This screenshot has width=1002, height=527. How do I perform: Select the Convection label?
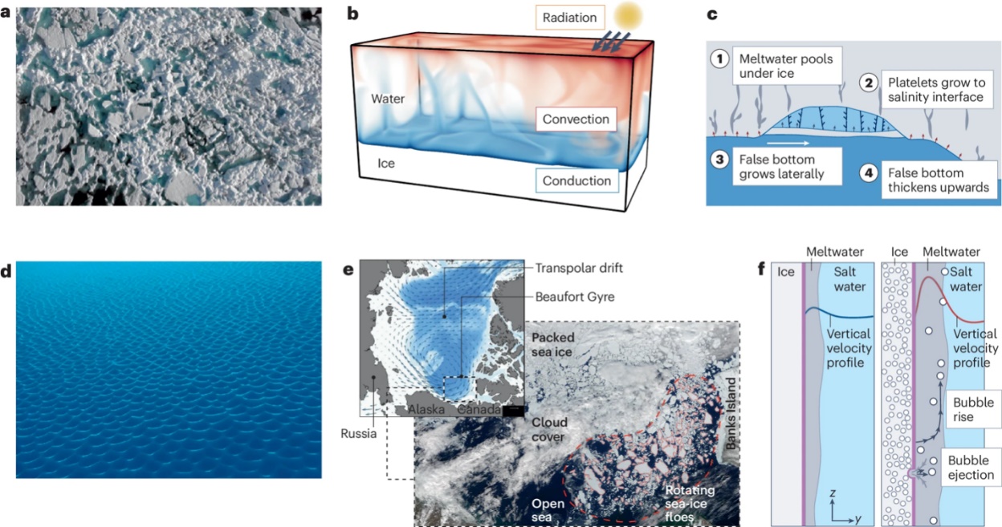click(x=576, y=120)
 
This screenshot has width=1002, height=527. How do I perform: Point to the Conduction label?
click(x=576, y=180)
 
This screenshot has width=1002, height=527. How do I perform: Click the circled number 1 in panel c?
click(x=719, y=60)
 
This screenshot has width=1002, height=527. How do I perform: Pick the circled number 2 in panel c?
click(x=868, y=83)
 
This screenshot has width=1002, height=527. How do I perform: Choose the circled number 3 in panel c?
click(x=720, y=159)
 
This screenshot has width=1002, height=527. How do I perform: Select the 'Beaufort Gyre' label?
click(x=574, y=297)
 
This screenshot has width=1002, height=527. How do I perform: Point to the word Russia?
click(x=356, y=438)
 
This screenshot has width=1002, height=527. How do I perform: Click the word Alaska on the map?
click(x=426, y=409)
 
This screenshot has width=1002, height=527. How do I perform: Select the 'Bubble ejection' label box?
click(x=971, y=468)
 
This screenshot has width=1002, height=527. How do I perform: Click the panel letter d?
click(x=7, y=271)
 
